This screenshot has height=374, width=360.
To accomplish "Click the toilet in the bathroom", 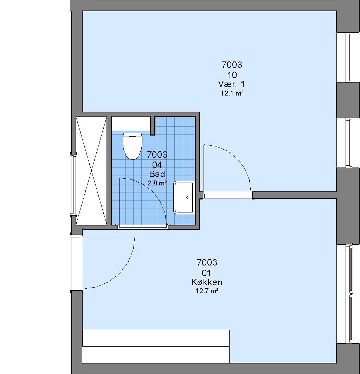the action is (x=132, y=146).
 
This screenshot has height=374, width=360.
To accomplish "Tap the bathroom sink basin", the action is (x=184, y=197).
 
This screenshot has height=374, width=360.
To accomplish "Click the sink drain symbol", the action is (x=188, y=197).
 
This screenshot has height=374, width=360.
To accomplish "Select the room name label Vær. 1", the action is (x=231, y=84).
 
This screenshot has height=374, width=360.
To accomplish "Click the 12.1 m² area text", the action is (x=232, y=93).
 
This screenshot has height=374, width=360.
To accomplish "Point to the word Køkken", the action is (x=207, y=282).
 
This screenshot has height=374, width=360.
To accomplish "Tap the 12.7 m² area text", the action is (x=207, y=291).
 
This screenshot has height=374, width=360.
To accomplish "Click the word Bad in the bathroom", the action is (x=157, y=174).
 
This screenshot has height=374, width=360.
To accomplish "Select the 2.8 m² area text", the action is (x=157, y=183).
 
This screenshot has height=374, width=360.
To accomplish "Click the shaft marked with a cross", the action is (x=91, y=171).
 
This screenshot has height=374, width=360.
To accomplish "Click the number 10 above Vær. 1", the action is (x=232, y=75).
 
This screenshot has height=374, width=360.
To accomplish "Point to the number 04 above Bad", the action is (x=157, y=165).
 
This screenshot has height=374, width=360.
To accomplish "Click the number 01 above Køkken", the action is (x=206, y=273).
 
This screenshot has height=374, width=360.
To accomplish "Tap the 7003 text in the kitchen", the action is (x=207, y=263).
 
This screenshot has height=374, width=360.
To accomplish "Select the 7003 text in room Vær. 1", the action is (x=232, y=65).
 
